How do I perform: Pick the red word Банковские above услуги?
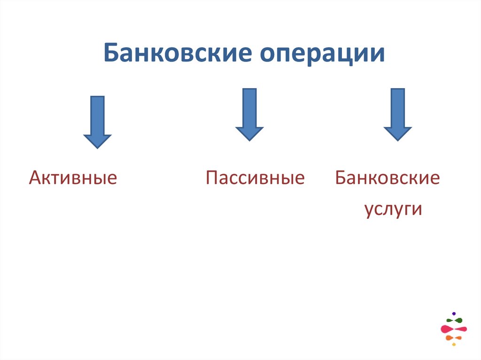(388, 178)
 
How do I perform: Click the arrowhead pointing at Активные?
(97, 140)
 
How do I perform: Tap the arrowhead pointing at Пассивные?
(249, 133)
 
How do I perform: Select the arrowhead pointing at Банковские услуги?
(397, 133)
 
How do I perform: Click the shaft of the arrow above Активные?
(97, 115)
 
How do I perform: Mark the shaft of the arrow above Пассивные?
(249, 107)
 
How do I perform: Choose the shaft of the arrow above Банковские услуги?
(397, 107)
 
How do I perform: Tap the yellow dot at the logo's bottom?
(454, 345)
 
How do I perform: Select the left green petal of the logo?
(450, 321)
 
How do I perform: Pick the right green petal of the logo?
(459, 321)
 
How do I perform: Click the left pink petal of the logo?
(447, 329)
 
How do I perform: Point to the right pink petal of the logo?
(460, 329)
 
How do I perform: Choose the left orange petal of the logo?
(450, 337)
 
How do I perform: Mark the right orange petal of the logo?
(458, 337)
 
